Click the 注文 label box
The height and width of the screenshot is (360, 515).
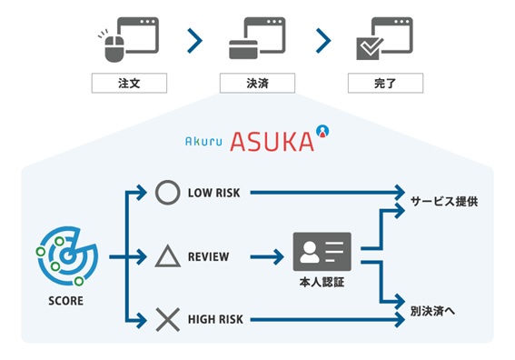129,84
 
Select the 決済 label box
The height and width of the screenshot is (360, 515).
257,84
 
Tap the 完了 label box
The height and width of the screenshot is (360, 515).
385,84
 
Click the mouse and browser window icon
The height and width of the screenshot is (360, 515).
128,38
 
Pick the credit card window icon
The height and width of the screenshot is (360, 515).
257,39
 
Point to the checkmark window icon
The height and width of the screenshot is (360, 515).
384,39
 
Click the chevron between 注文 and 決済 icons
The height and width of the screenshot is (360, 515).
193,40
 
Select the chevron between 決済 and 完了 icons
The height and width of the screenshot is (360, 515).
322,40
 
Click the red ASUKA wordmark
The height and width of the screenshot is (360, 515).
271,141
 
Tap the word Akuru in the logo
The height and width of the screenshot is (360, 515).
203,142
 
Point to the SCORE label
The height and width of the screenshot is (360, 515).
64,300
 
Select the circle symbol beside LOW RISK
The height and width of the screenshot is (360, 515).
167,193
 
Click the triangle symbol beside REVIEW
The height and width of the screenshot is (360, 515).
167,256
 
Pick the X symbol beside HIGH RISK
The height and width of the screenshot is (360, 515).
167,319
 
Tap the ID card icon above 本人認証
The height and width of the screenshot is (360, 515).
322,252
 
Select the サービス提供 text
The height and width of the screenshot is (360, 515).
444,199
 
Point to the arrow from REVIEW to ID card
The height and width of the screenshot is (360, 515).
266,257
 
